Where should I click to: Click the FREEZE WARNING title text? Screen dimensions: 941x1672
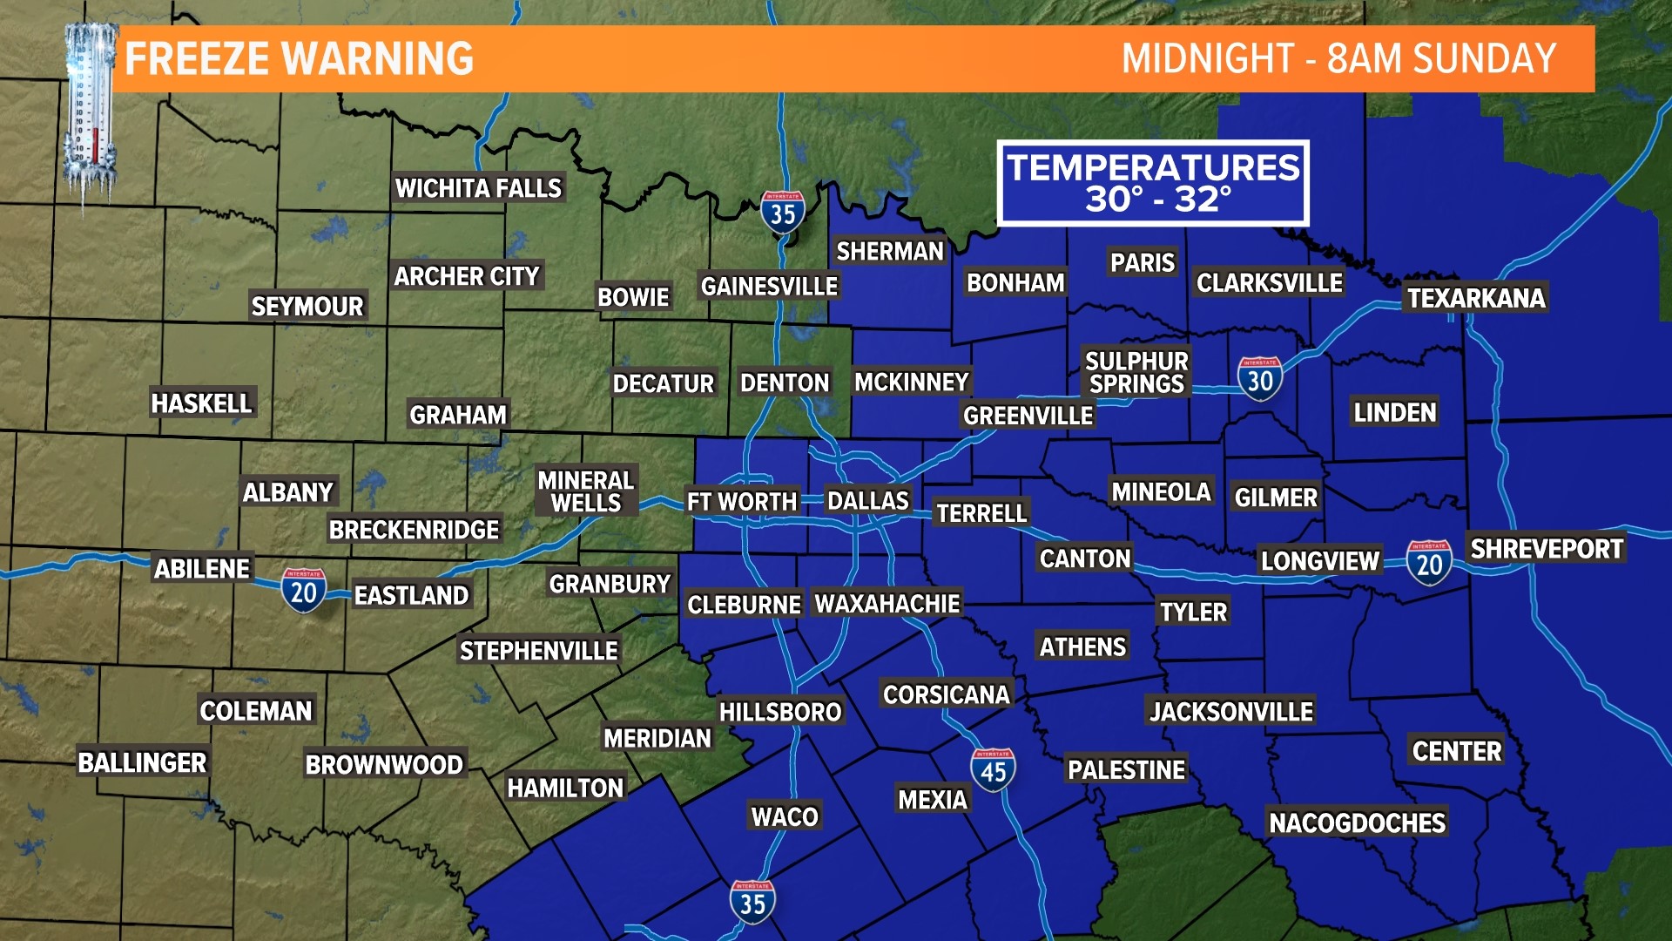[299, 59]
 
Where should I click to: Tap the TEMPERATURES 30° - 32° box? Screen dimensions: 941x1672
[1153, 183]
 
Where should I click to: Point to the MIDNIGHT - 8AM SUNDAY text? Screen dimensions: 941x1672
[1338, 59]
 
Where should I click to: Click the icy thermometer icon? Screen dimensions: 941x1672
[91, 113]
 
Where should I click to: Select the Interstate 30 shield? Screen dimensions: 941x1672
[1259, 378]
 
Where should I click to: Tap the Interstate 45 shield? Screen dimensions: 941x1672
[993, 770]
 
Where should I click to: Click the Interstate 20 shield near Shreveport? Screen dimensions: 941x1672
[1429, 563]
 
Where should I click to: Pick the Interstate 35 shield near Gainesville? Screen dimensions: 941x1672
[782, 212]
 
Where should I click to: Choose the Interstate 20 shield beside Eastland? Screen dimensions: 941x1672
[303, 591]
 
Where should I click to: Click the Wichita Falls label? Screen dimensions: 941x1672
[478, 188]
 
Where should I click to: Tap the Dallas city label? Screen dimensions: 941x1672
[867, 501]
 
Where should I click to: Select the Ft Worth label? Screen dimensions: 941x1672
[741, 502]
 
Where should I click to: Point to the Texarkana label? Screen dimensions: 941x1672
[1476, 298]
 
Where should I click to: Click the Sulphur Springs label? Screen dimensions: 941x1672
[1136, 372]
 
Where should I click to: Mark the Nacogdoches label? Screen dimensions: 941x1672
[1357, 823]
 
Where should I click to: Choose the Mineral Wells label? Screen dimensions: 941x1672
[586, 491]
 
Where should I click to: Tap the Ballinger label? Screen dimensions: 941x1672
[142, 762]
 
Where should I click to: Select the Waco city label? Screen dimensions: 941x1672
[785, 816]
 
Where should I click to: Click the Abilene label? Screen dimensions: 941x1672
[202, 569]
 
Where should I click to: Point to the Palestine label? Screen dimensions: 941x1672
[1126, 770]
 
